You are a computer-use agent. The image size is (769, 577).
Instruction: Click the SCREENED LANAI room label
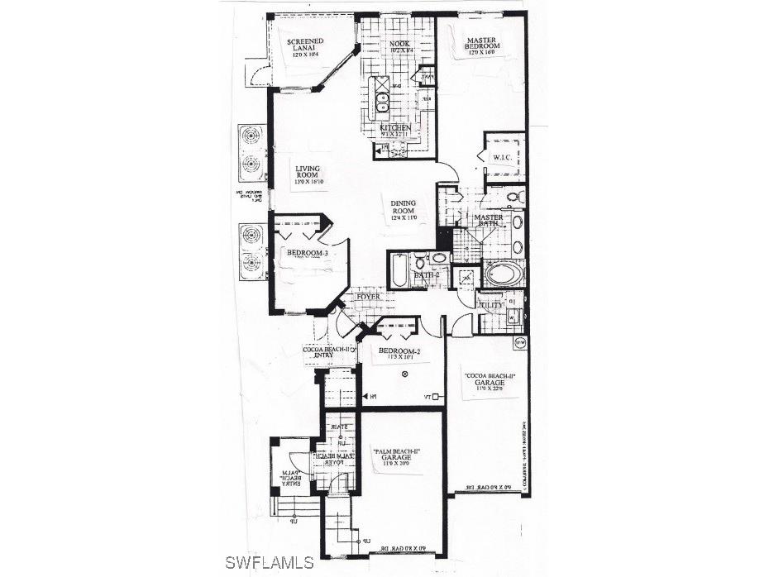click(305, 49)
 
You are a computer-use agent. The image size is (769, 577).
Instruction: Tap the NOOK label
click(400, 46)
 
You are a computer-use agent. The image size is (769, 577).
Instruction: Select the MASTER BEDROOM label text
click(480, 45)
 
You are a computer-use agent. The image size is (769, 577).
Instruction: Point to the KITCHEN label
click(395, 130)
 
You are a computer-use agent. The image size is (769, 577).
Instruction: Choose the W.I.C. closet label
click(504, 156)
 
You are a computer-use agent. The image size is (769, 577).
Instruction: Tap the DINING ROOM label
click(404, 209)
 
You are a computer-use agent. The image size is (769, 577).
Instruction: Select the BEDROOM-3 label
click(302, 254)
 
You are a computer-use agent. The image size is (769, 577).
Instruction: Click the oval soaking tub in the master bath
click(501, 274)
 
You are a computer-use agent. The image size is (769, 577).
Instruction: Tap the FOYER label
click(369, 296)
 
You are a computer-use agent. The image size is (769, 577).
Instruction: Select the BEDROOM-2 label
click(400, 354)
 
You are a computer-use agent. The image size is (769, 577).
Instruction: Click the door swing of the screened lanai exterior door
click(258, 74)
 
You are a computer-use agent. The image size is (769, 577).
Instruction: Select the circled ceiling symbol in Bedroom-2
click(404, 374)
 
